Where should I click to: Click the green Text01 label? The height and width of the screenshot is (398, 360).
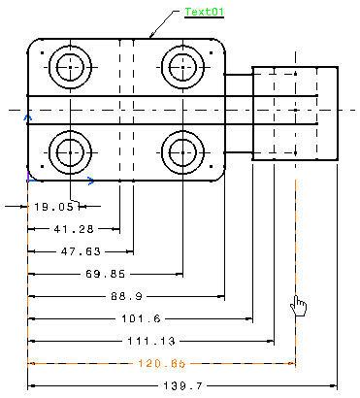(x=204, y=12)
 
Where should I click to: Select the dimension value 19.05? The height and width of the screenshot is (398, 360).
(x=53, y=207)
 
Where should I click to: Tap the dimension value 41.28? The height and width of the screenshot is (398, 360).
(x=74, y=229)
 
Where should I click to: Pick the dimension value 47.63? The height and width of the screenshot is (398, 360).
(x=81, y=251)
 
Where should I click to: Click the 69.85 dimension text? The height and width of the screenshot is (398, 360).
(x=105, y=274)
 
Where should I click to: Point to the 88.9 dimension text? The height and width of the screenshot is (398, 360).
(x=126, y=296)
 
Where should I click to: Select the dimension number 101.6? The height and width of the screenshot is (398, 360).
(x=141, y=318)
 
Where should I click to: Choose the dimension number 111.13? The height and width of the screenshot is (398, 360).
(x=151, y=341)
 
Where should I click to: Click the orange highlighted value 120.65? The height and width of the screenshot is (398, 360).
(x=162, y=363)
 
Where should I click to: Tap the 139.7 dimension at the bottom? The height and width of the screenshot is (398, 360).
(x=182, y=385)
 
